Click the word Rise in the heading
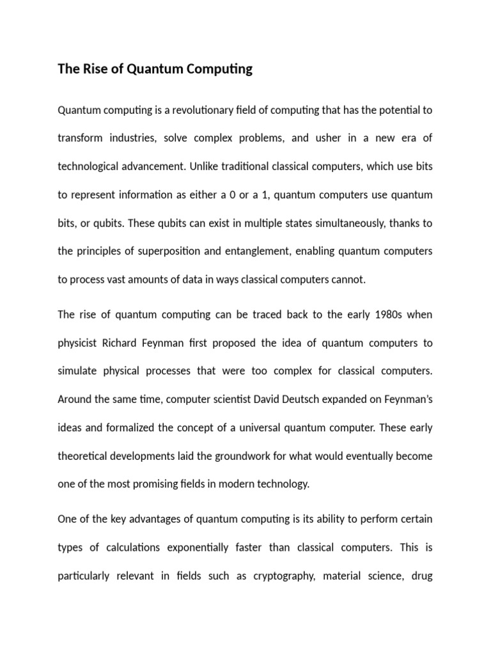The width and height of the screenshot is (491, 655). [94, 69]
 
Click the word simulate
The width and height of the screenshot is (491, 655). [78, 371]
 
